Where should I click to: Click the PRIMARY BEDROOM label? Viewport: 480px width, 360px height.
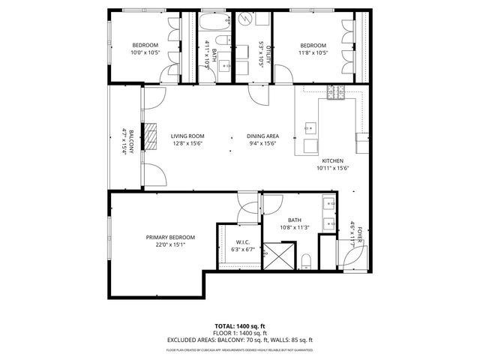pyautogui.click(x=170, y=237)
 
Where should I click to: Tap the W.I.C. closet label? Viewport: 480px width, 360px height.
pyautogui.click(x=241, y=242)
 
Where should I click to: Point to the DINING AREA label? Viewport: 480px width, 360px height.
pyautogui.click(x=262, y=136)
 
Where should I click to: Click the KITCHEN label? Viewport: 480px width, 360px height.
pyautogui.click(x=333, y=161)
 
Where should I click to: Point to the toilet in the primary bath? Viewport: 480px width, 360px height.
pyautogui.click(x=305, y=262)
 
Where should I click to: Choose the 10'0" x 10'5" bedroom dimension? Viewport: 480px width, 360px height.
pyautogui.click(x=145, y=53)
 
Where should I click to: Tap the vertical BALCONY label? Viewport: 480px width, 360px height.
pyautogui.click(x=131, y=142)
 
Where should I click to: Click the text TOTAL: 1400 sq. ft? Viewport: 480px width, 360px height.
pyautogui.click(x=240, y=325)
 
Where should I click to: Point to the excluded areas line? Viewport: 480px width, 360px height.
pyautogui.click(x=240, y=340)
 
